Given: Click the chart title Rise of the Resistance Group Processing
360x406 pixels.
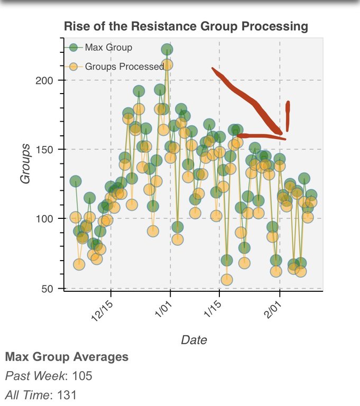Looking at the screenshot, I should point(185,26).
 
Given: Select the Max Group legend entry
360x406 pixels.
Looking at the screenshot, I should point(108,48).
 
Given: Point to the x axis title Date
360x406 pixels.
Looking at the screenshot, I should point(193,339).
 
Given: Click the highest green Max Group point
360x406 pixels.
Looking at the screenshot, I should point(167,50).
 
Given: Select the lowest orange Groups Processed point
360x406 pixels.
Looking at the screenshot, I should point(227,280).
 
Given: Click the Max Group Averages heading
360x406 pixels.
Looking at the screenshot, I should point(67,357).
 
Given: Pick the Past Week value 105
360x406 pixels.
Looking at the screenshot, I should point(81,376).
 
